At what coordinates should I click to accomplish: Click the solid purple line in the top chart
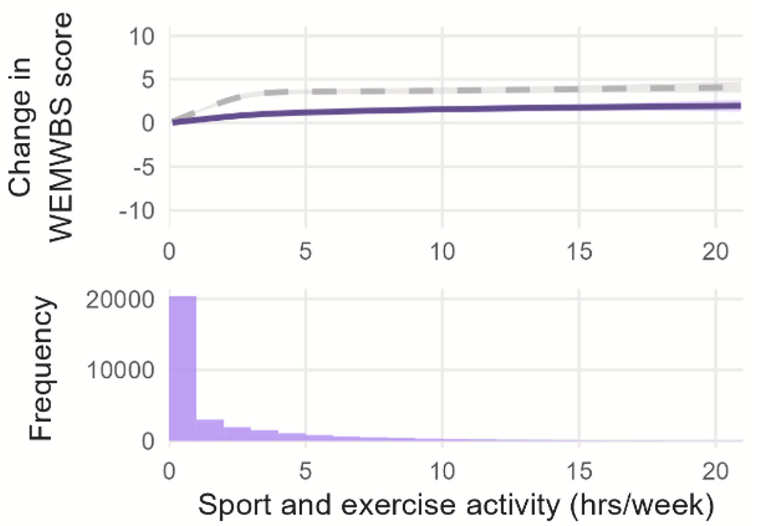(x=449, y=109)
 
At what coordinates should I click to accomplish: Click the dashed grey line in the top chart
(x=449, y=90)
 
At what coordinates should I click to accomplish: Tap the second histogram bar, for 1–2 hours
(x=210, y=430)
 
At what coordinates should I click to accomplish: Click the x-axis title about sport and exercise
(x=456, y=505)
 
